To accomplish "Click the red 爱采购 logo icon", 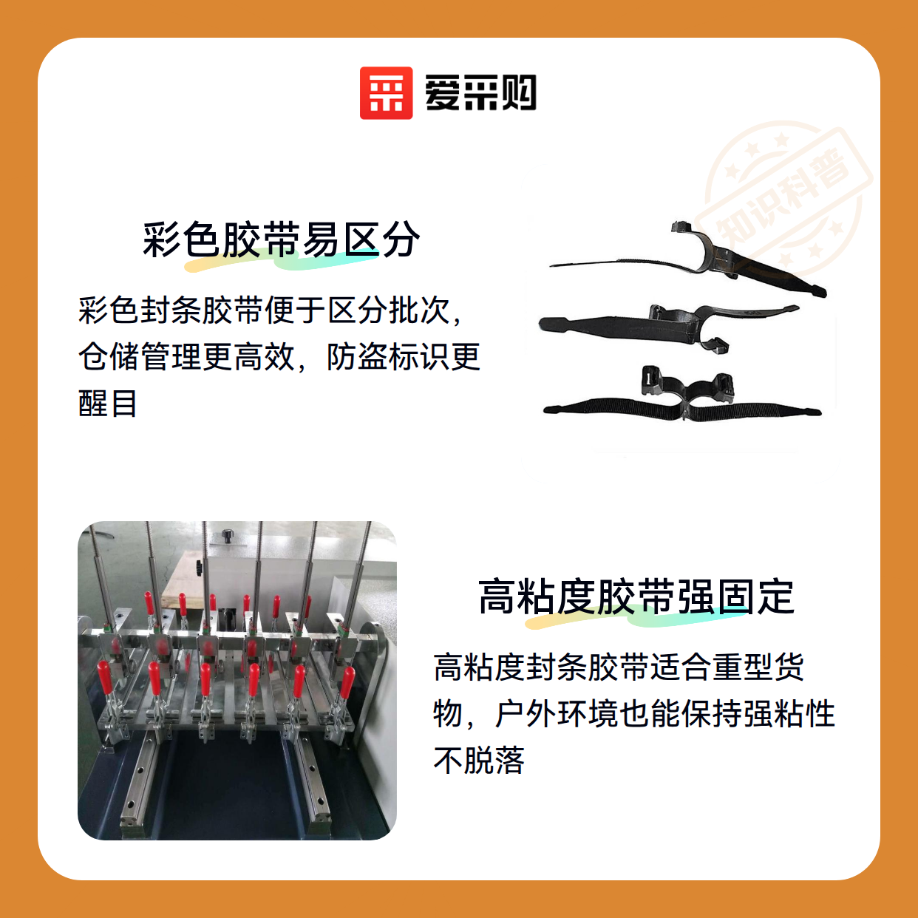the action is point(386,93).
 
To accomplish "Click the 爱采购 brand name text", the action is point(480,93).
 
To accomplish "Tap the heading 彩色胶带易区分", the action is point(281,239).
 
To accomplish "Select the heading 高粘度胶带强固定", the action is point(636,597).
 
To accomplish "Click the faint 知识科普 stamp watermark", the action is point(784,197).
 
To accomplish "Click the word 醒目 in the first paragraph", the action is point(108,404).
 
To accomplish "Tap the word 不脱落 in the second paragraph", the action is point(479,760).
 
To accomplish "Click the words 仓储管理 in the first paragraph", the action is point(140,356).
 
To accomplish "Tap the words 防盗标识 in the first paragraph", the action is point(388,356).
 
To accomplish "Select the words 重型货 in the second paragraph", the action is point(758,667).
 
